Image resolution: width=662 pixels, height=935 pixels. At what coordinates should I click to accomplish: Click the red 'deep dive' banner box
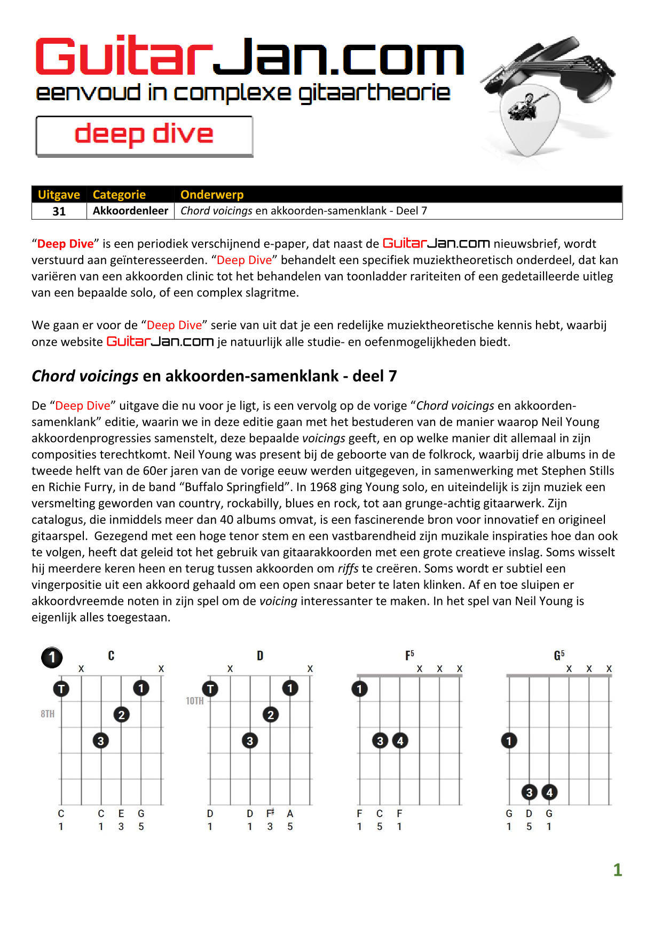[144, 136]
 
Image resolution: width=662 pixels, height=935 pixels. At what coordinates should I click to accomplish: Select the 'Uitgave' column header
[59, 195]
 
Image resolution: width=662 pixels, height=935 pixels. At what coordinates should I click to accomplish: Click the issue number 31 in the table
[59, 211]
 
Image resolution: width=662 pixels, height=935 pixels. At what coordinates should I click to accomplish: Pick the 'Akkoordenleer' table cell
[130, 211]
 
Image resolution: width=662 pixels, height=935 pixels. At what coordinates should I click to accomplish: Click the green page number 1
[617, 870]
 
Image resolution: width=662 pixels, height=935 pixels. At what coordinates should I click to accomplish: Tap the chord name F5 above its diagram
[409, 655]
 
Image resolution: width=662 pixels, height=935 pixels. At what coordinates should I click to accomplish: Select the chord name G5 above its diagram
[559, 655]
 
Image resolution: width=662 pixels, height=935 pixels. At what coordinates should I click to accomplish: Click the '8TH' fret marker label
[48, 714]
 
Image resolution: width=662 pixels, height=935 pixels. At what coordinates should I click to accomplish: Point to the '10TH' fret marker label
[195, 701]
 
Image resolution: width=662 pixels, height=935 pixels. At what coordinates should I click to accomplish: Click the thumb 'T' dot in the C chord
[61, 689]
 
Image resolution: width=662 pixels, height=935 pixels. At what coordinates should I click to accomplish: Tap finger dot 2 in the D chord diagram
[271, 715]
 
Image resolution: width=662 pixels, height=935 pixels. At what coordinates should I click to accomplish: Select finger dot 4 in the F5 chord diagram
[400, 740]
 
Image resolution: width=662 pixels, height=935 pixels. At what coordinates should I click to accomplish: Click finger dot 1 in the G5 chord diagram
[509, 740]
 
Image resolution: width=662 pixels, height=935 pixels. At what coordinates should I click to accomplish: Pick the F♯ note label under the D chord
[270, 813]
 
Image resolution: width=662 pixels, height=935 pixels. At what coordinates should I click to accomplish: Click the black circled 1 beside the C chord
[52, 658]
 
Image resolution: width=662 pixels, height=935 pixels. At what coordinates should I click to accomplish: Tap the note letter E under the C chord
[121, 813]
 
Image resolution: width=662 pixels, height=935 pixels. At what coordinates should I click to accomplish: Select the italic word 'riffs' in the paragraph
[348, 569]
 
